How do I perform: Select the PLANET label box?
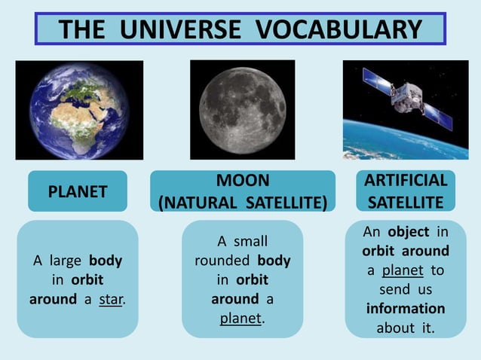point(78,191)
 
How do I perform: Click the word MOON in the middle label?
point(242,182)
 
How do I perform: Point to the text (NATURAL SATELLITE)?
point(242,202)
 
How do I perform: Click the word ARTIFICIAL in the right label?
point(406,182)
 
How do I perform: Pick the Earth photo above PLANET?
point(78,110)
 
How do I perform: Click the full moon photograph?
point(242,110)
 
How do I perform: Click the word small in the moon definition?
point(250,242)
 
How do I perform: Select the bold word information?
point(406,309)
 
